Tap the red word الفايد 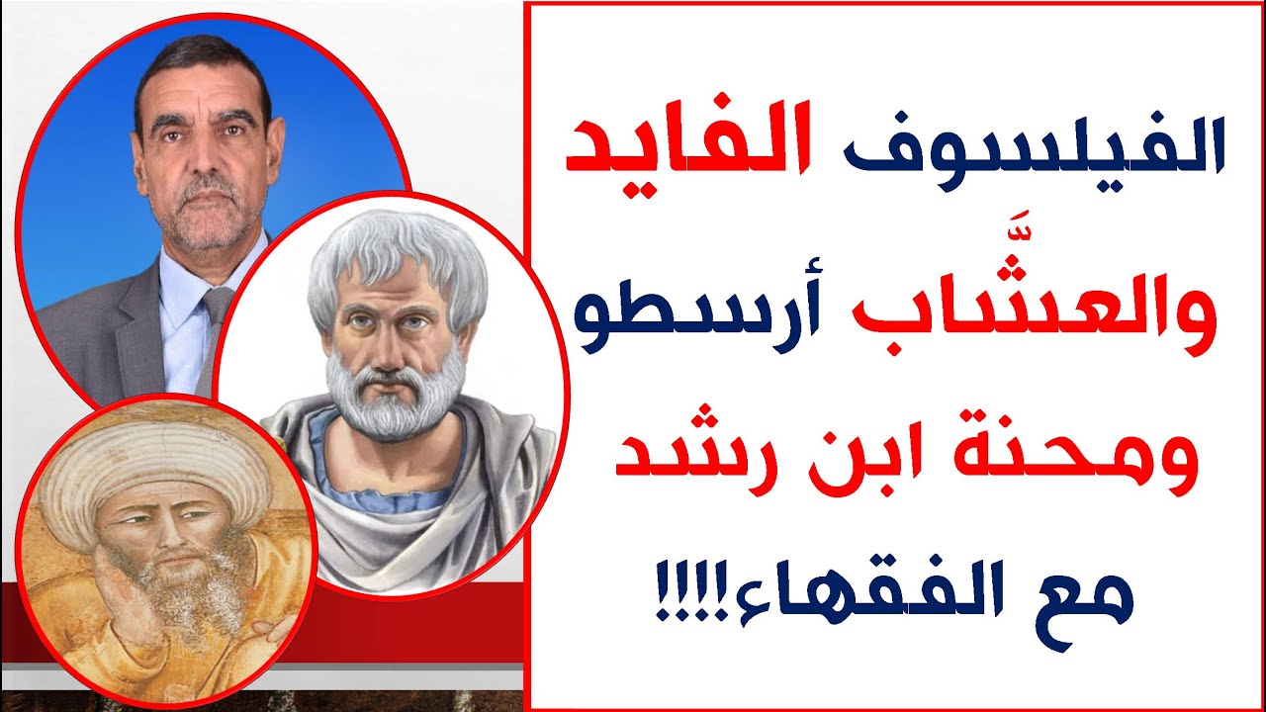(686, 145)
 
